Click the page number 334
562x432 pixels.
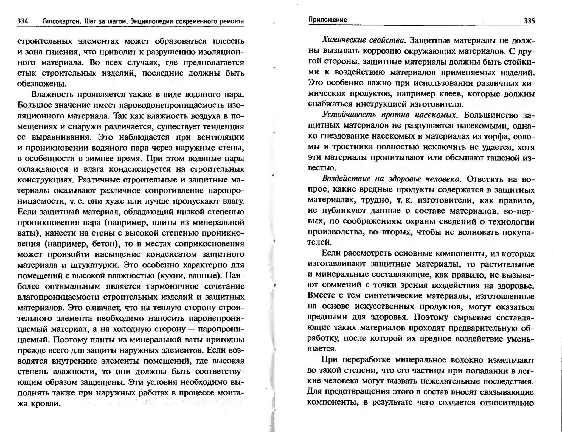point(23,21)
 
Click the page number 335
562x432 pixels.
point(529,21)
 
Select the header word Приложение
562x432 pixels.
point(327,20)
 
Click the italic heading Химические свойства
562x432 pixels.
point(364,40)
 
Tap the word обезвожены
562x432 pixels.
point(41,84)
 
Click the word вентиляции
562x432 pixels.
point(221,137)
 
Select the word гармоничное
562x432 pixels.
point(173,286)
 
